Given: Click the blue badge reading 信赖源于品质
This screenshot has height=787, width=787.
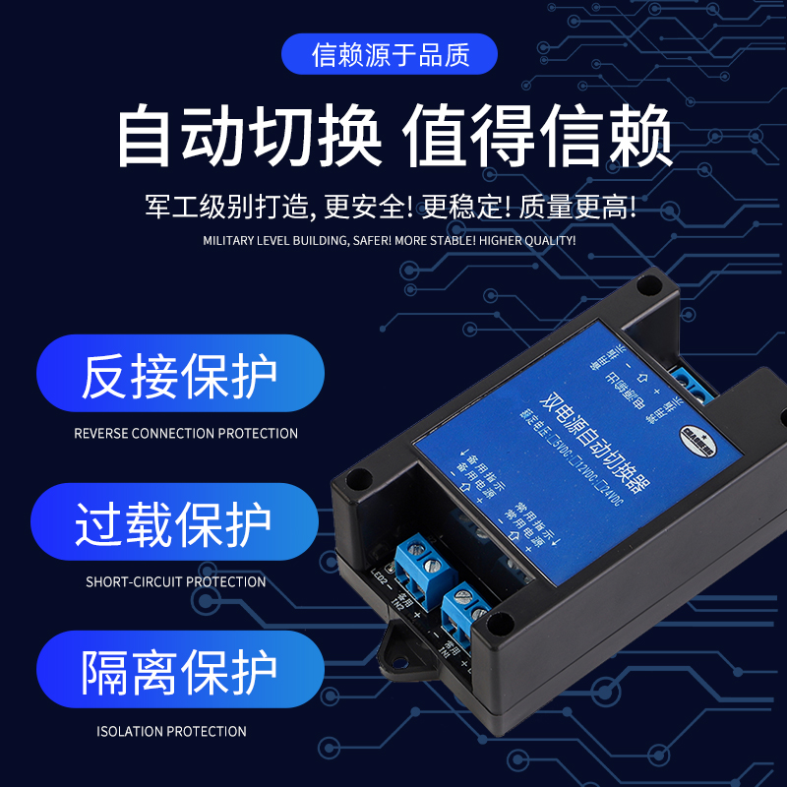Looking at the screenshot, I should tap(391, 55).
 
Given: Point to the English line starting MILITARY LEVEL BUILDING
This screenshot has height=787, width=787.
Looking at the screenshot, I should tap(389, 240).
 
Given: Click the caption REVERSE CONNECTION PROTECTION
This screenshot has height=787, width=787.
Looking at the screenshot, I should tap(186, 433).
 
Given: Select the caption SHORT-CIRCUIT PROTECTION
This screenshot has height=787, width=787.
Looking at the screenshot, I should tap(176, 581).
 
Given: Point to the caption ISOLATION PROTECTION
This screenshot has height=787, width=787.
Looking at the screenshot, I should tap(171, 731).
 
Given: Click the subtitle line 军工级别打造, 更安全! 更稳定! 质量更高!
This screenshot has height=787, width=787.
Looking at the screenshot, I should tap(391, 207).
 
